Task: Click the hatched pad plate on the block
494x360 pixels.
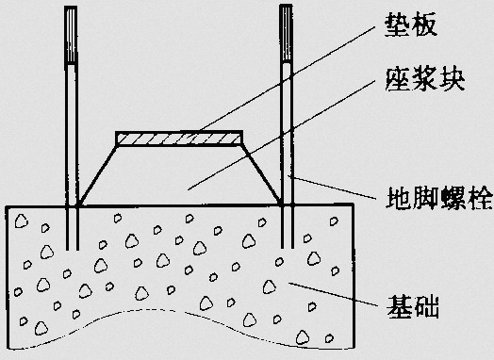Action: coord(179,139)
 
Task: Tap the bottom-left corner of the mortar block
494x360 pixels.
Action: coord(83,205)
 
